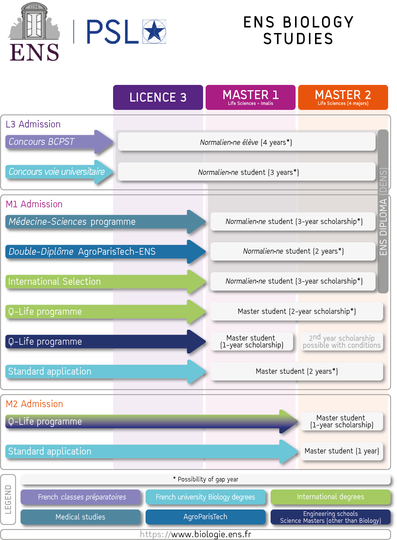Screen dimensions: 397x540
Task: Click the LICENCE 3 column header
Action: tap(158, 97)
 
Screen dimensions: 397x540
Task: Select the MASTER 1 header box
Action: tap(250, 97)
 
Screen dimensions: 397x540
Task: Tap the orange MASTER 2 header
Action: tap(343, 97)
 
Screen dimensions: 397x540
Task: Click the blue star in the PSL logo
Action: tap(154, 31)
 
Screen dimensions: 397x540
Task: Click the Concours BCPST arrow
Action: tap(59, 142)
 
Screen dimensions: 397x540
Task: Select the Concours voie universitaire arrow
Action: tap(59, 172)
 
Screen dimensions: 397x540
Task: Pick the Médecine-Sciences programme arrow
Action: tap(106, 222)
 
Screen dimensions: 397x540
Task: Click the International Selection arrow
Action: tap(106, 282)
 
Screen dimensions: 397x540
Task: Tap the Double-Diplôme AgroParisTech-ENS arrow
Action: tap(106, 252)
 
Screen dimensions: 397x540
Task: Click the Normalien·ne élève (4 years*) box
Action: tap(247, 142)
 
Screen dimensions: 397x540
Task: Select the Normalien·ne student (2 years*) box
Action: tap(293, 251)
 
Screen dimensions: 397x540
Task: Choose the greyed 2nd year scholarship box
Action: tap(342, 342)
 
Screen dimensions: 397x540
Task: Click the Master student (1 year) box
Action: tap(342, 451)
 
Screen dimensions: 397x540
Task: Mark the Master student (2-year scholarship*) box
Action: tap(297, 311)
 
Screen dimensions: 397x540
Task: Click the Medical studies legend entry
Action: tap(81, 517)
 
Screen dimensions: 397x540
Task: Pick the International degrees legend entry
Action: tap(331, 497)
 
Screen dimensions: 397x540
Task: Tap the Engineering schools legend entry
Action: tap(331, 517)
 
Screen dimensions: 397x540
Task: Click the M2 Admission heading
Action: tap(34, 404)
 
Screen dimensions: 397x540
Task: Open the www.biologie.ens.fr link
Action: tap(196, 534)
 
